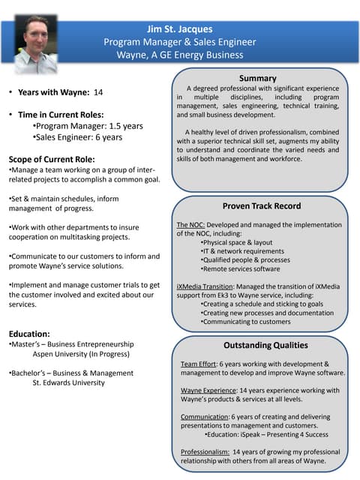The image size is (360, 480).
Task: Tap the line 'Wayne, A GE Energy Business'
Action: pos(179,54)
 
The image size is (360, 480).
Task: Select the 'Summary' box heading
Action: pos(257,78)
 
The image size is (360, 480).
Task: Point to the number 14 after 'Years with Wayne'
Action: pos(97,92)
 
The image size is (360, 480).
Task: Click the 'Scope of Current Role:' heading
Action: pos(51,159)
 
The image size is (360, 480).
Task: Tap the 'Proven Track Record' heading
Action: pos(261,205)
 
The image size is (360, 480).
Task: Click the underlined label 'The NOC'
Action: pos(190,225)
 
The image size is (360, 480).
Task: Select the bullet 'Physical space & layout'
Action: pos(237,242)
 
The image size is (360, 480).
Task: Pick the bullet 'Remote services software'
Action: pos(240,268)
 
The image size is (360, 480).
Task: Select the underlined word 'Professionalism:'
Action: pos(205,451)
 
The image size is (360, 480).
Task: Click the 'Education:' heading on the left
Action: pos(29,334)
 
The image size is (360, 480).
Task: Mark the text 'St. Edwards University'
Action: pos(68,382)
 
